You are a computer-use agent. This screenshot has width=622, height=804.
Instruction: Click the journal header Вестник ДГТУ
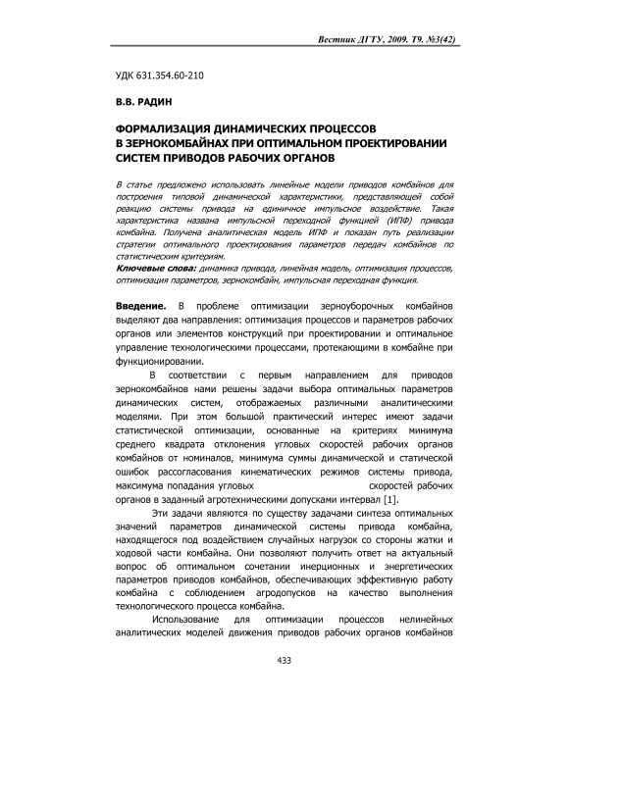click(349, 39)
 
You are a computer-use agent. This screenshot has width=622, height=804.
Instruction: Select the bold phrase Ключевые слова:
click(156, 267)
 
